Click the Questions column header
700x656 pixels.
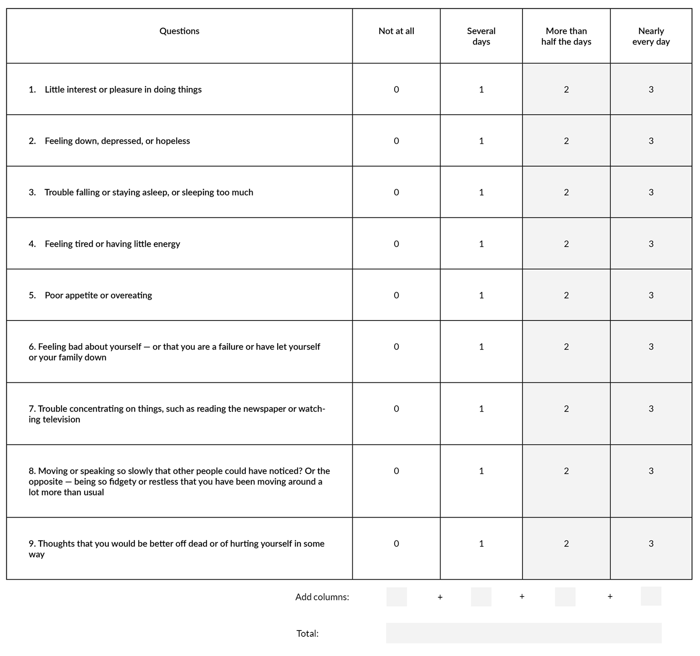179,31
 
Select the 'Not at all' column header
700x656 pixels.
396,31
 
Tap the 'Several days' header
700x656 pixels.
481,36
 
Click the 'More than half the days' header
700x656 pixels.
566,36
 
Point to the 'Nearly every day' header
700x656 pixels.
651,36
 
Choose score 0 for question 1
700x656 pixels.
396,90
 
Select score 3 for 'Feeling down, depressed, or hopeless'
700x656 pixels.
651,141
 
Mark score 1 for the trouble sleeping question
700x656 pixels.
481,193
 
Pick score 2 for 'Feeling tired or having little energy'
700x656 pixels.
566,244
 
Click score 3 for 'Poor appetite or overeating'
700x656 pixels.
651,295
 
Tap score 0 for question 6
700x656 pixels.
396,347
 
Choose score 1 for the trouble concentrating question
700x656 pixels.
481,409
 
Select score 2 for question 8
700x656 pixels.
566,471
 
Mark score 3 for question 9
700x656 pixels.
651,544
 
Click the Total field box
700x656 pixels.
523,633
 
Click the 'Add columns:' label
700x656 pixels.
322,597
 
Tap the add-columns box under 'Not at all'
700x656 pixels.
396,597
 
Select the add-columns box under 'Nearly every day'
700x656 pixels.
651,596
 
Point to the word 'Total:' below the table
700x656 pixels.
307,634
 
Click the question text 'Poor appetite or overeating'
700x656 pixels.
98,295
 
